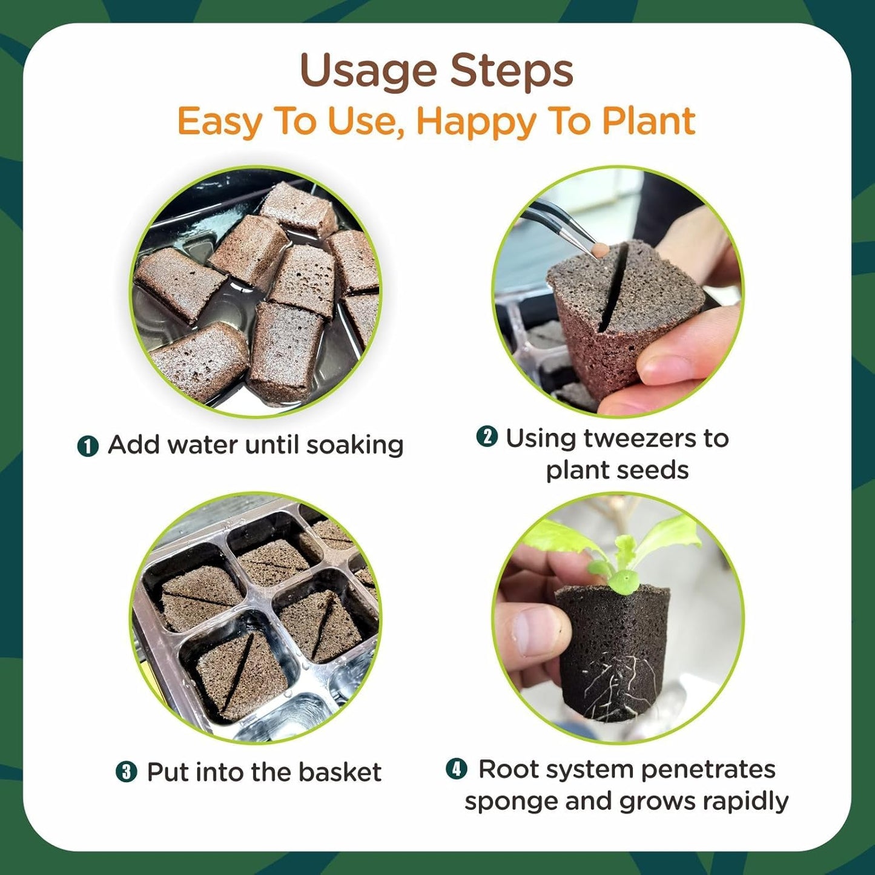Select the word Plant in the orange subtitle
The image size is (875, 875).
point(648,121)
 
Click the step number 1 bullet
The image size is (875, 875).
point(88,446)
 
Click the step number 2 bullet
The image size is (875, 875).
point(487,437)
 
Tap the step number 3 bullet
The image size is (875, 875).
point(126,772)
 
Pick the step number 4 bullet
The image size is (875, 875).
point(457,769)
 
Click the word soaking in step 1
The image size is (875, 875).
point(355,445)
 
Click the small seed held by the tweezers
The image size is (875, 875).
point(601,248)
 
